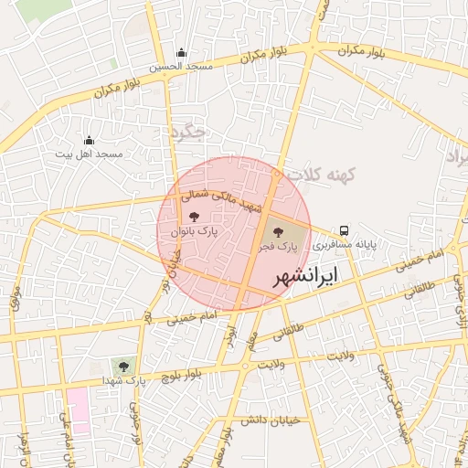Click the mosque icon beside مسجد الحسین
click(x=181, y=53)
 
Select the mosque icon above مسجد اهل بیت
click(x=89, y=140)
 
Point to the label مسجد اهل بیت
click(x=89, y=154)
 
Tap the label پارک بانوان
click(x=194, y=232)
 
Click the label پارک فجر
click(x=283, y=245)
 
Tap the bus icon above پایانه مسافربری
click(x=345, y=230)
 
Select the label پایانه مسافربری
click(x=345, y=245)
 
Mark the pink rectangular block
click(x=78, y=410)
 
